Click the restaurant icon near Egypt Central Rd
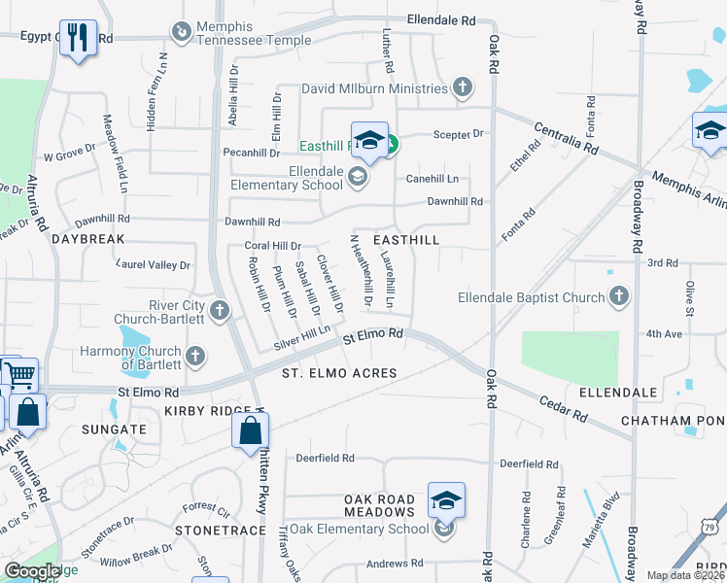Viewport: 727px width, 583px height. pos(77,38)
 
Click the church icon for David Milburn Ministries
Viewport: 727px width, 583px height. pos(463,88)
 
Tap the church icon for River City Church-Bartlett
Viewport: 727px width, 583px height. pos(220,312)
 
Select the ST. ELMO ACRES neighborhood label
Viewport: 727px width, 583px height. pos(339,373)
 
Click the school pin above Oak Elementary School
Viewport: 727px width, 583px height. pos(446,500)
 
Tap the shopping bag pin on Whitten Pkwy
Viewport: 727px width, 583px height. pos(251,429)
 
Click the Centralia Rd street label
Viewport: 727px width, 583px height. pos(566,138)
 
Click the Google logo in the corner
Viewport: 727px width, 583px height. pos(32,571)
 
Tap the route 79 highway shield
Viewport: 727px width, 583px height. pos(711,526)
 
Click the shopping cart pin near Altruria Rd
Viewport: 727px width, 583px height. pos(17,373)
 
